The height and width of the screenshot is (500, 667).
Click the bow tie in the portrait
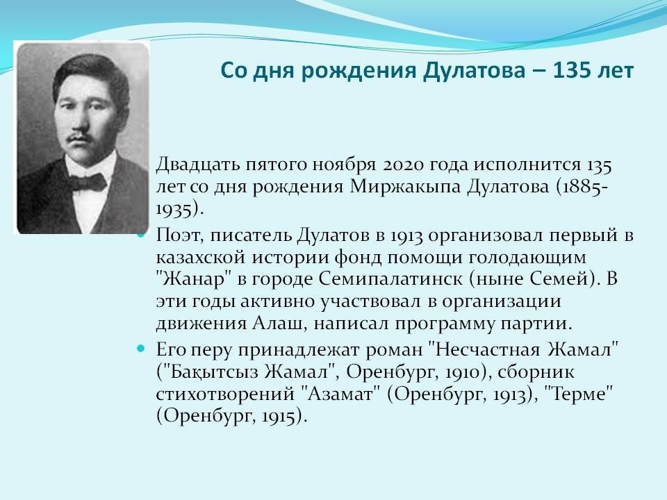coord(88,182)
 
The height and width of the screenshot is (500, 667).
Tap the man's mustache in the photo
coord(81,137)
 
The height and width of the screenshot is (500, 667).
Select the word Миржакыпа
coord(405,187)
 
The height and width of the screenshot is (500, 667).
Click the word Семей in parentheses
coord(559,278)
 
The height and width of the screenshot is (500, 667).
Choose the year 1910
coord(463,372)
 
